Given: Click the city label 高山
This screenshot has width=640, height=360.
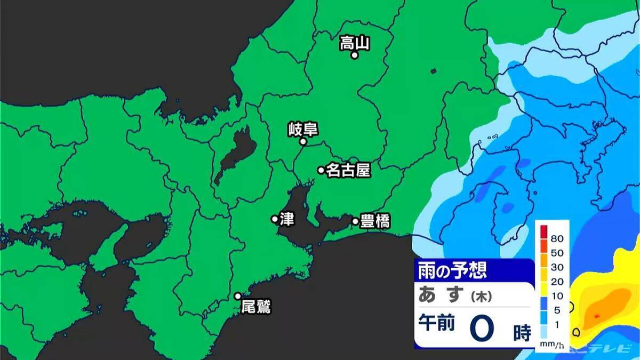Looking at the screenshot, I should click(x=355, y=42).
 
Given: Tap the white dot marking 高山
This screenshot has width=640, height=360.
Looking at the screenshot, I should click(x=354, y=54).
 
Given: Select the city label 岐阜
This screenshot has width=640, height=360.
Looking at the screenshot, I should click(x=302, y=129).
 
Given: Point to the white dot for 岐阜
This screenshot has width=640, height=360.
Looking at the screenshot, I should click(x=303, y=142).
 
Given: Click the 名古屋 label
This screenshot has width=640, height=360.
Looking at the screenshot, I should click(x=348, y=171).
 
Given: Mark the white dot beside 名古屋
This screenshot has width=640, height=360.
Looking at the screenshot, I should click(x=321, y=170).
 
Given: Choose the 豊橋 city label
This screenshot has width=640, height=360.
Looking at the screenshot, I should click(x=375, y=221).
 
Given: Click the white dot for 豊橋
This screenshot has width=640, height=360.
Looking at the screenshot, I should click(x=356, y=221).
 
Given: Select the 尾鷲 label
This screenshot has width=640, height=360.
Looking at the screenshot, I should click(x=256, y=307).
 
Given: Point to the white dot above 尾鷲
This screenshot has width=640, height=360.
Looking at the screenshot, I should click(x=238, y=296).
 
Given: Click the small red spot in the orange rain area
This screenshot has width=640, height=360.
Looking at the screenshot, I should click(x=596, y=316).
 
